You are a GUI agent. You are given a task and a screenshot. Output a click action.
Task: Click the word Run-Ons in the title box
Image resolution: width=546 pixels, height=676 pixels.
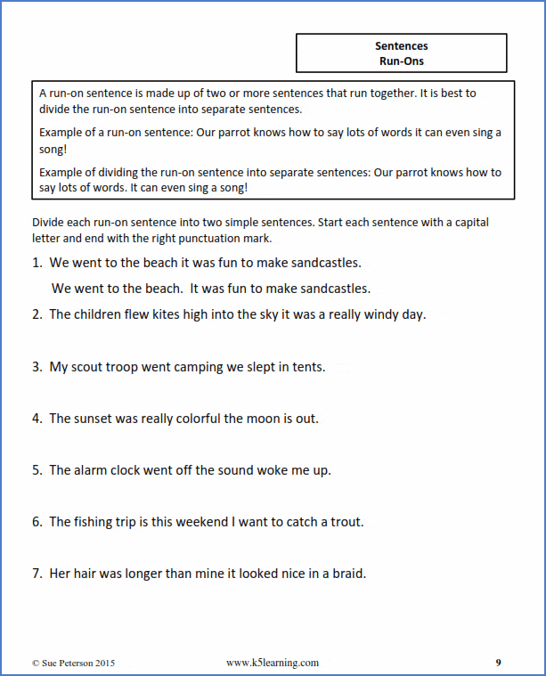(401, 61)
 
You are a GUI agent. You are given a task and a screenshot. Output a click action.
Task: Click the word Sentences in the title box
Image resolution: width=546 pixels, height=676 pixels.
(401, 45)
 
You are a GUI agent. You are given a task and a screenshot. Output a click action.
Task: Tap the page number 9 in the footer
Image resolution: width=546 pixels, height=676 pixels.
(499, 663)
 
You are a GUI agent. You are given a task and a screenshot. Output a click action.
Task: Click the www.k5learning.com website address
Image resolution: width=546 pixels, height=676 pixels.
(273, 663)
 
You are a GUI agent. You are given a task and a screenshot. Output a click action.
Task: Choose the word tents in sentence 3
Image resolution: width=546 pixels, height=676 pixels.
(306, 366)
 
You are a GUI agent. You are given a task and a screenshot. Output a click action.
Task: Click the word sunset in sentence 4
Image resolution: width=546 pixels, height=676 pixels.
(98, 419)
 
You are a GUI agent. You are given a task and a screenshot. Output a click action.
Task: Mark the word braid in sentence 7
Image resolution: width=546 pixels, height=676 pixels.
(346, 574)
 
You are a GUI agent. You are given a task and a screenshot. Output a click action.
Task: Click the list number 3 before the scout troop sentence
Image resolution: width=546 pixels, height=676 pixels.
(37, 366)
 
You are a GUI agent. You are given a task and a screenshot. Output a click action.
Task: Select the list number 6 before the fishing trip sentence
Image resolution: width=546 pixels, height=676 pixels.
(37, 522)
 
